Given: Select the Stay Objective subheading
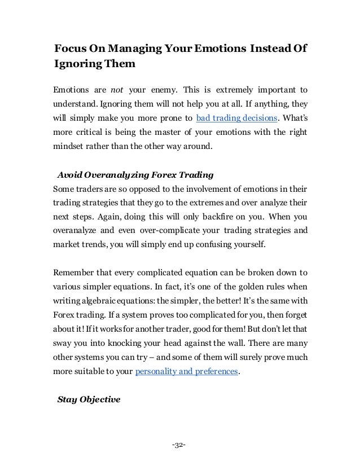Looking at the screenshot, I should click(90, 400).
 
